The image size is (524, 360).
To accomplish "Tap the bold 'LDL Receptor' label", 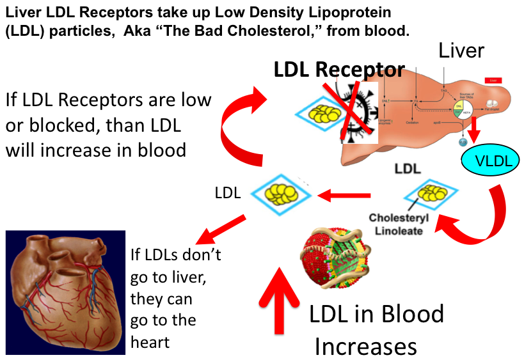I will coord(339,70).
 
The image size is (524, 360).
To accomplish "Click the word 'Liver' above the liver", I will coord(461,52).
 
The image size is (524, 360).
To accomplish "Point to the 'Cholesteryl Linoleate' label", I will coord(395,224).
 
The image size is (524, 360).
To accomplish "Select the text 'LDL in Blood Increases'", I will coord(374,330).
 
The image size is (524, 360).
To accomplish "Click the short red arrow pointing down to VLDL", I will coord(474,131).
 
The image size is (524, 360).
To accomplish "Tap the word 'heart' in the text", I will coord(150,342).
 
